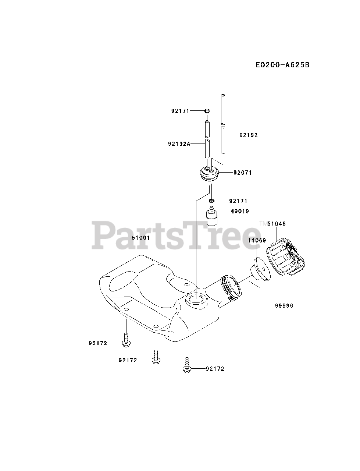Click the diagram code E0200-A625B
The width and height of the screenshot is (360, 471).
pos(282,65)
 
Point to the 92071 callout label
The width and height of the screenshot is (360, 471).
pos(242,173)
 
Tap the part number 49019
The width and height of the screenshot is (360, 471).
pos(240,211)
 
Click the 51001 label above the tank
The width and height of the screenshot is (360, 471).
pos(141,238)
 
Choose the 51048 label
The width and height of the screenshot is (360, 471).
pos(277,223)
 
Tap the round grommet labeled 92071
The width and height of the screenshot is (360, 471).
pos(209,173)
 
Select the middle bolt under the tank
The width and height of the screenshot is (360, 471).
pos(156,357)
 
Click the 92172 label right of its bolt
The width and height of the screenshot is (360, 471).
pos(215,369)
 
